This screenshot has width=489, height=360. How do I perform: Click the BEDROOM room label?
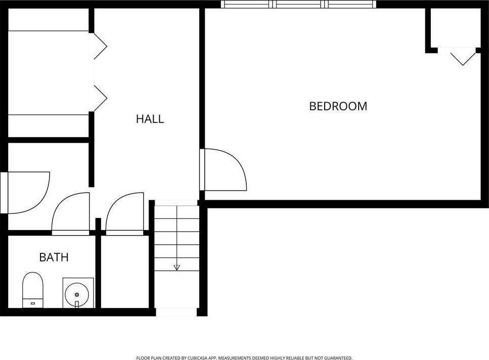click(x=338, y=106)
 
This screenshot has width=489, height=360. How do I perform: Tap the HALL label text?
click(x=150, y=119)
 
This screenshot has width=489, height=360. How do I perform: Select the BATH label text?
click(x=54, y=257)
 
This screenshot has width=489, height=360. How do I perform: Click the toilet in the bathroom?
click(x=33, y=290)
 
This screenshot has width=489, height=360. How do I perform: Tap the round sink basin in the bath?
click(x=77, y=294)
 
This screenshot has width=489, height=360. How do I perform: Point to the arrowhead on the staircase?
click(x=177, y=267)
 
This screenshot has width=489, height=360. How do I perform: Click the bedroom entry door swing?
click(x=224, y=169)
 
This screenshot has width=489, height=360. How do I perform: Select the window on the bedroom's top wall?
click(x=298, y=4)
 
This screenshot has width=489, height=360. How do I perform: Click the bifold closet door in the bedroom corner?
click(x=463, y=57)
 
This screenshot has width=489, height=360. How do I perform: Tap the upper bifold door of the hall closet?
click(x=101, y=46)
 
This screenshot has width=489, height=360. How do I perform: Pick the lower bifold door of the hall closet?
click(x=101, y=98)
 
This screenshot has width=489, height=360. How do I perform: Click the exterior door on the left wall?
click(x=25, y=193)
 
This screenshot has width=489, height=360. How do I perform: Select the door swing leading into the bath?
click(x=70, y=214)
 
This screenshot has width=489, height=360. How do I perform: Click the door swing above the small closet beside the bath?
click(x=125, y=214)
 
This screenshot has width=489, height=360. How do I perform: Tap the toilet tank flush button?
click(x=33, y=303)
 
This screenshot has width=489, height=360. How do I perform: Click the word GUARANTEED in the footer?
click(x=338, y=358)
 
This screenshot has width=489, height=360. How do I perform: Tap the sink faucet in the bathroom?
click(x=77, y=304)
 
